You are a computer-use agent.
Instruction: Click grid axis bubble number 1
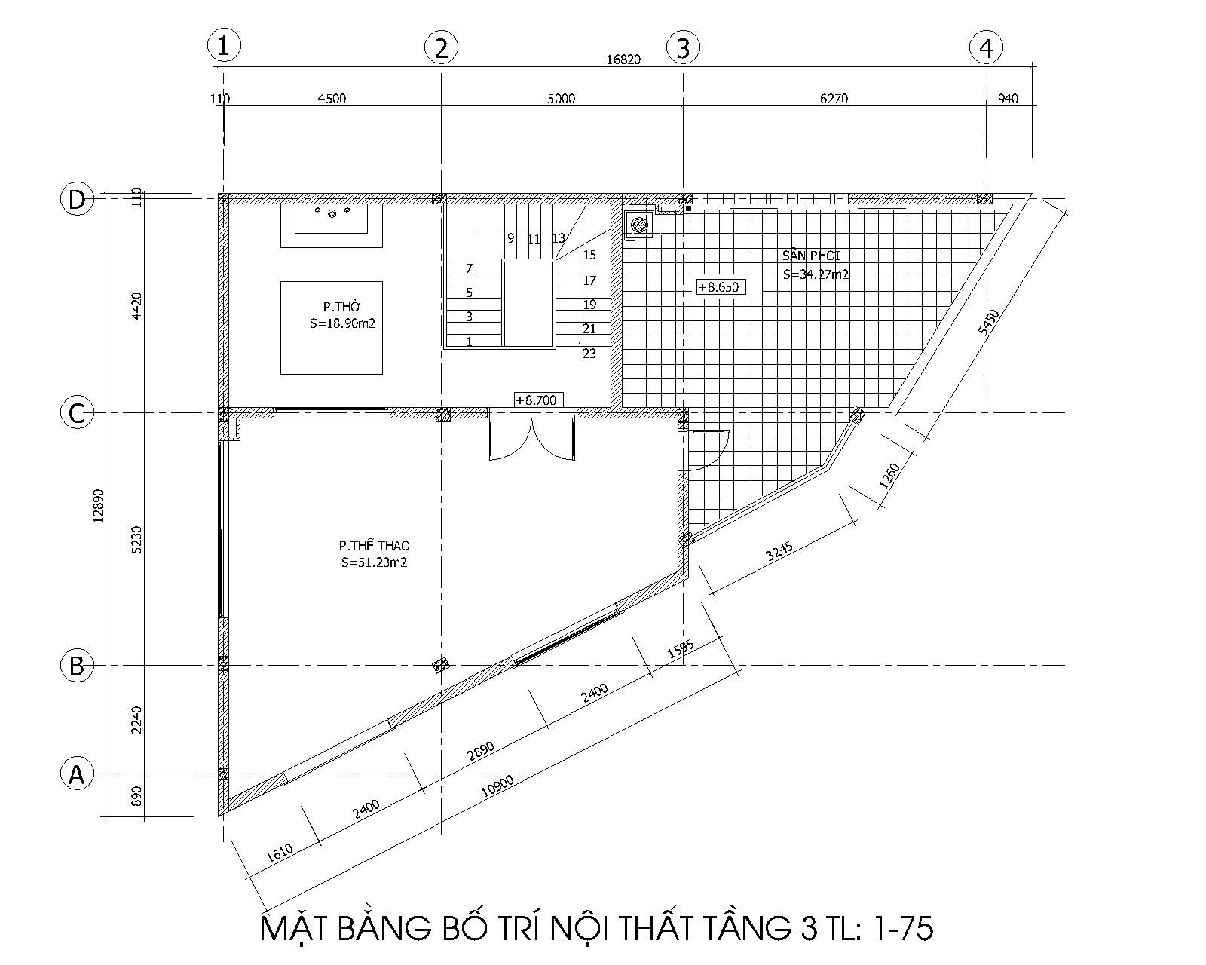[x=224, y=45]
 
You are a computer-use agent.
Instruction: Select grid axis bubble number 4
[x=986, y=48]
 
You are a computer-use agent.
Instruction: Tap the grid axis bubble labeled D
[x=78, y=199]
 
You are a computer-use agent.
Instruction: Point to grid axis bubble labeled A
[x=77, y=774]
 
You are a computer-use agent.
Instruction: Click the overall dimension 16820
[x=623, y=60]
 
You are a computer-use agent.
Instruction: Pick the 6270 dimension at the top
[x=834, y=99]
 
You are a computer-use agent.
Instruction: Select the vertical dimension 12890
[x=98, y=505]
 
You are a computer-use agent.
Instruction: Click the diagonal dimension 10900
[x=497, y=786]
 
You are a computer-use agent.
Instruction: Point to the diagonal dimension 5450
[x=989, y=322]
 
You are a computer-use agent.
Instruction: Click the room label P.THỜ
[x=342, y=307]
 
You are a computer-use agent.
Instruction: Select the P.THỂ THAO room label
[x=374, y=545]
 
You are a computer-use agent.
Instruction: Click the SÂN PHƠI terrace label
[x=811, y=255]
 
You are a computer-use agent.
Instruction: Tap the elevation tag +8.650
[x=721, y=287]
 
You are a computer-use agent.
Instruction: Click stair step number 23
[x=589, y=354]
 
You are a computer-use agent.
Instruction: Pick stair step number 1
[x=470, y=341]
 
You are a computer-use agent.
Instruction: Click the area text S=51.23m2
[x=375, y=562]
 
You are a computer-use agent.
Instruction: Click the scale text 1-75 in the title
[x=902, y=928]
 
